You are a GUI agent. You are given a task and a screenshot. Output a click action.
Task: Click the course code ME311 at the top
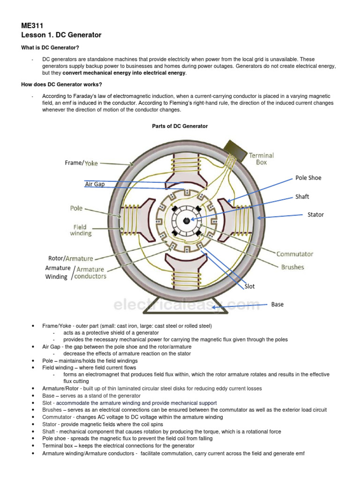pyautogui.click(x=32, y=26)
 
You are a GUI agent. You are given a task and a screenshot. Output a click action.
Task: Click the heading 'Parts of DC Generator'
pyautogui.click(x=180, y=126)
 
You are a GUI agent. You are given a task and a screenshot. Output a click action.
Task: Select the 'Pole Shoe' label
pyautogui.click(x=308, y=178)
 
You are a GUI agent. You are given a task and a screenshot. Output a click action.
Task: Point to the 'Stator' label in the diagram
pyautogui.click(x=315, y=215)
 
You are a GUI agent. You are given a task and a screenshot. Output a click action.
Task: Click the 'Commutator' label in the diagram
pyautogui.click(x=294, y=254)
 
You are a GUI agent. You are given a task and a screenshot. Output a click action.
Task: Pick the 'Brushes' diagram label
pyautogui.click(x=292, y=267)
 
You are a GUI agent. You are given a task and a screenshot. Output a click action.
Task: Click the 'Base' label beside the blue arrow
pyautogui.click(x=277, y=305)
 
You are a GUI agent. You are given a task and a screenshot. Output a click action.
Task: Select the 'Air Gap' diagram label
pyautogui.click(x=95, y=185)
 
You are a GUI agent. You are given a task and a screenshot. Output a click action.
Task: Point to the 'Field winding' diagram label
pyautogui.click(x=81, y=230)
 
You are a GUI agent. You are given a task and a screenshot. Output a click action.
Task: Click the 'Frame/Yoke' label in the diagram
pyautogui.click(x=81, y=163)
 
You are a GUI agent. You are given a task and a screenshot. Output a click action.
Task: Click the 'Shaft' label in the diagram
pyautogui.click(x=302, y=197)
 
